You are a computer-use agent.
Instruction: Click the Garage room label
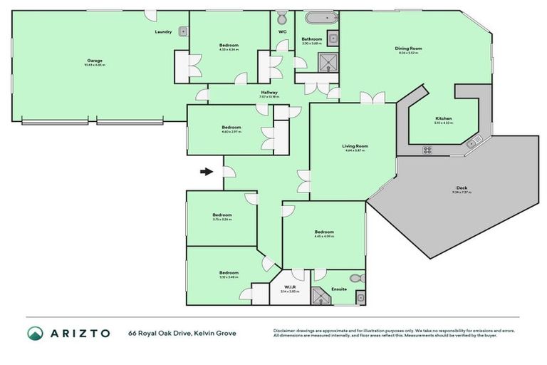[95, 61]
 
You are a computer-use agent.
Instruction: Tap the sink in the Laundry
[183, 31]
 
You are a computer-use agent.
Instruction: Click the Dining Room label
[409, 48]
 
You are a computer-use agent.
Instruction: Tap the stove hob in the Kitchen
[428, 150]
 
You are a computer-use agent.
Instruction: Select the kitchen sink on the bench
[472, 145]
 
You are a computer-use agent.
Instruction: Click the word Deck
[462, 189]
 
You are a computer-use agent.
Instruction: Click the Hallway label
[269, 92]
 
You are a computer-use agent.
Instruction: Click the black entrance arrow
[207, 172]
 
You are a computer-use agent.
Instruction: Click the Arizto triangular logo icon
[36, 333]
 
